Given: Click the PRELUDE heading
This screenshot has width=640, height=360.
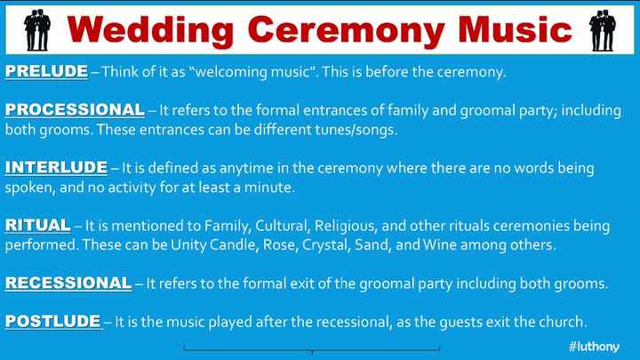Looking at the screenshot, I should coord(46,71).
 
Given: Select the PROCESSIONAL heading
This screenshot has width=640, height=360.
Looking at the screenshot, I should coord(75,109).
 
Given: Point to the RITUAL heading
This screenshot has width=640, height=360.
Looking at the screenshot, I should coord(37,225).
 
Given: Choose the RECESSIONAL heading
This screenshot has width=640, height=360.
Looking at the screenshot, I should coord(68,283).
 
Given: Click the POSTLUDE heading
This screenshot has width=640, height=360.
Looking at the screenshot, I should coord(53,320).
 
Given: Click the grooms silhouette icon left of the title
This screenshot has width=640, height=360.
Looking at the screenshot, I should coord(36,29).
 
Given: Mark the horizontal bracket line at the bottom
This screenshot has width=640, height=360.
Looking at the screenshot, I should coord(311,349).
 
